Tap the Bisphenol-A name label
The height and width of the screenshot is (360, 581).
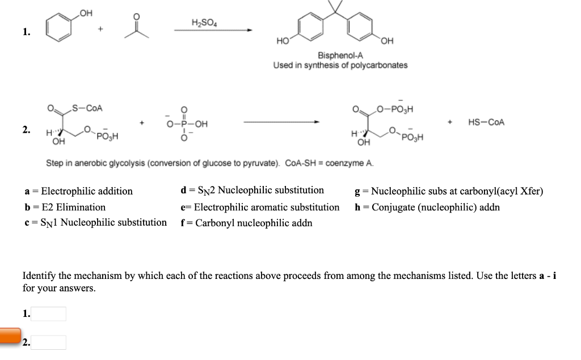340,56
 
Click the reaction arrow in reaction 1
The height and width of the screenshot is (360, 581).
212,31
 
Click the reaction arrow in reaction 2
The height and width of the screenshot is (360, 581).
281,122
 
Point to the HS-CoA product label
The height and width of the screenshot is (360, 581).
486,122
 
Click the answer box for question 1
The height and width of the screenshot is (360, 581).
49,314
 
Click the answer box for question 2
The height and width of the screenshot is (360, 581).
49,342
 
